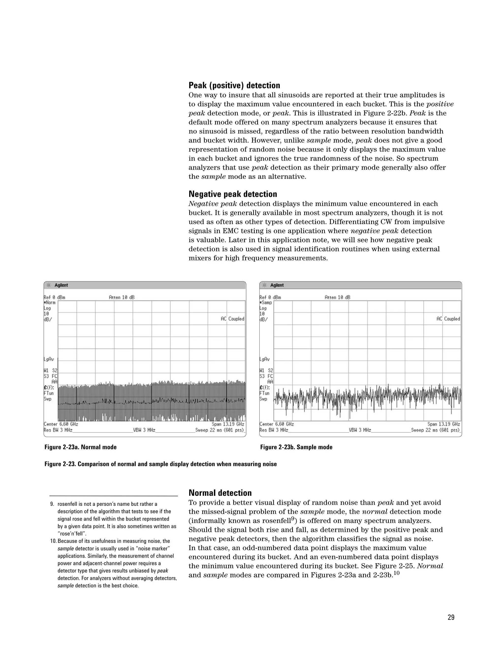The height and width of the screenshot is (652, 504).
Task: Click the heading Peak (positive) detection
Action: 234,86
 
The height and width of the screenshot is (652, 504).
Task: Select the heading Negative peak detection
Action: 233,194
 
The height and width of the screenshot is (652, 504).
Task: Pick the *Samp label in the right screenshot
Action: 266,303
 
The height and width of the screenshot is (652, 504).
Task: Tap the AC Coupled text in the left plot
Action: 232,319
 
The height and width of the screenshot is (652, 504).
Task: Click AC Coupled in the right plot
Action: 448,319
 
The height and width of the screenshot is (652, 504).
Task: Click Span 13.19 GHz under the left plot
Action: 228,424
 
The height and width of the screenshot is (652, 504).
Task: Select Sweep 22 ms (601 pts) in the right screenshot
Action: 436,430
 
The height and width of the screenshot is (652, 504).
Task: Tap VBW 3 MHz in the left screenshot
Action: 144,430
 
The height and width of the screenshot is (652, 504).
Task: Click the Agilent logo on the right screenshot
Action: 273,285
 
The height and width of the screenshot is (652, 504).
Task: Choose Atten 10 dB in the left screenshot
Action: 122,297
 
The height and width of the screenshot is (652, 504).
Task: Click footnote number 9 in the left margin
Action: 52,504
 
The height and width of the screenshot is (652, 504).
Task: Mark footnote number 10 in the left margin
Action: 53,541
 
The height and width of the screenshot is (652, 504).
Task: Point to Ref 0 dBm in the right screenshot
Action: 270,297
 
